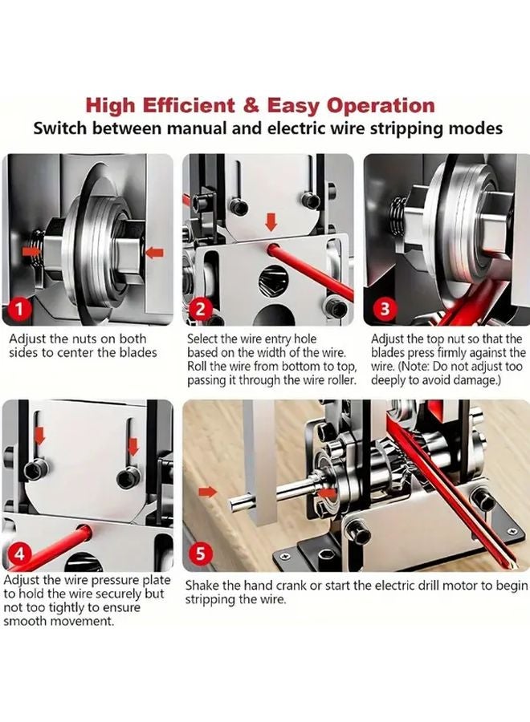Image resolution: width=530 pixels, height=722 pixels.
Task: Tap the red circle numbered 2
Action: point(202,308)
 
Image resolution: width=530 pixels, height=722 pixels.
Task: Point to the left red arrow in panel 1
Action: point(33,251)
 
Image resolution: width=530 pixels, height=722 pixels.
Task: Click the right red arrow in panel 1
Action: point(154,253)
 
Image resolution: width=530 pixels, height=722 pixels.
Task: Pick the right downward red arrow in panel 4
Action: point(132,443)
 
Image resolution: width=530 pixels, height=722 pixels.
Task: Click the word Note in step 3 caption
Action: point(414,367)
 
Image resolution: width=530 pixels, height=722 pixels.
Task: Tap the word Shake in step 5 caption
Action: point(203,585)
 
